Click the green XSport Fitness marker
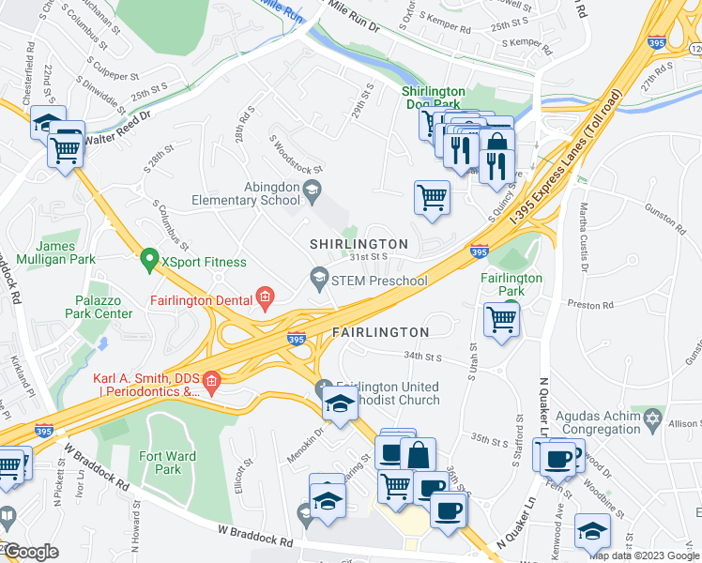[x=147, y=256]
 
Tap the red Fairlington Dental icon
[x=266, y=299]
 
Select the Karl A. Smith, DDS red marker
[x=212, y=381]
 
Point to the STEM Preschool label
[x=385, y=281]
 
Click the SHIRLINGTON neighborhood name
[x=359, y=244]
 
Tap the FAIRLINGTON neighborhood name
[x=381, y=332]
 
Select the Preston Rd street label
[x=593, y=305]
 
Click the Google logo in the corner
[x=30, y=552]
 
